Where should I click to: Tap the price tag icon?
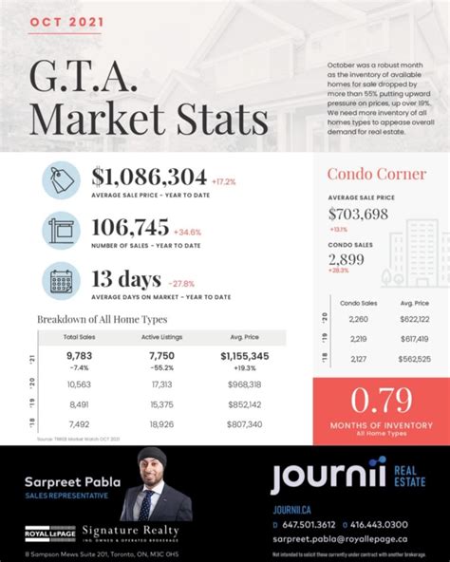pyautogui.click(x=61, y=180)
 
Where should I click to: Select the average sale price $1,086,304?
pyautogui.click(x=149, y=176)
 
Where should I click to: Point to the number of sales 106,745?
pyautogui.click(x=130, y=227)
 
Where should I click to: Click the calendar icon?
pyautogui.click(x=61, y=282)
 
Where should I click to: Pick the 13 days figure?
pyautogui.click(x=125, y=279)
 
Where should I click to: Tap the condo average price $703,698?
pyautogui.click(x=358, y=214)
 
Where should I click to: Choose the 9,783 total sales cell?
pyautogui.click(x=78, y=355)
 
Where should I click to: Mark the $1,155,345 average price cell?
pyautogui.click(x=245, y=355)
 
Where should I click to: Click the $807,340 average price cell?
pyautogui.click(x=245, y=423)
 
